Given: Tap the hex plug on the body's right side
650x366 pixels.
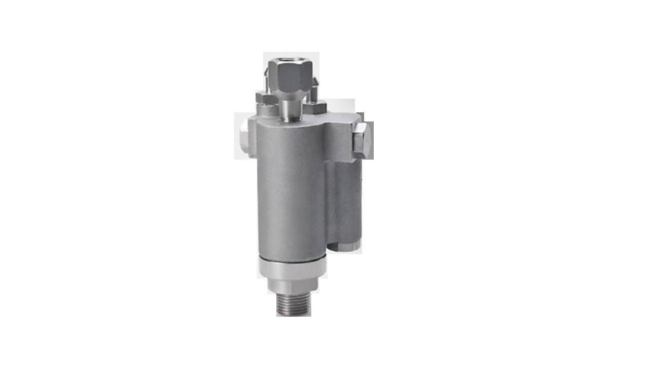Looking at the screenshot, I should click(x=361, y=140).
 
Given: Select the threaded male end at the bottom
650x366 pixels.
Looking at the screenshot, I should click(x=293, y=304).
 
